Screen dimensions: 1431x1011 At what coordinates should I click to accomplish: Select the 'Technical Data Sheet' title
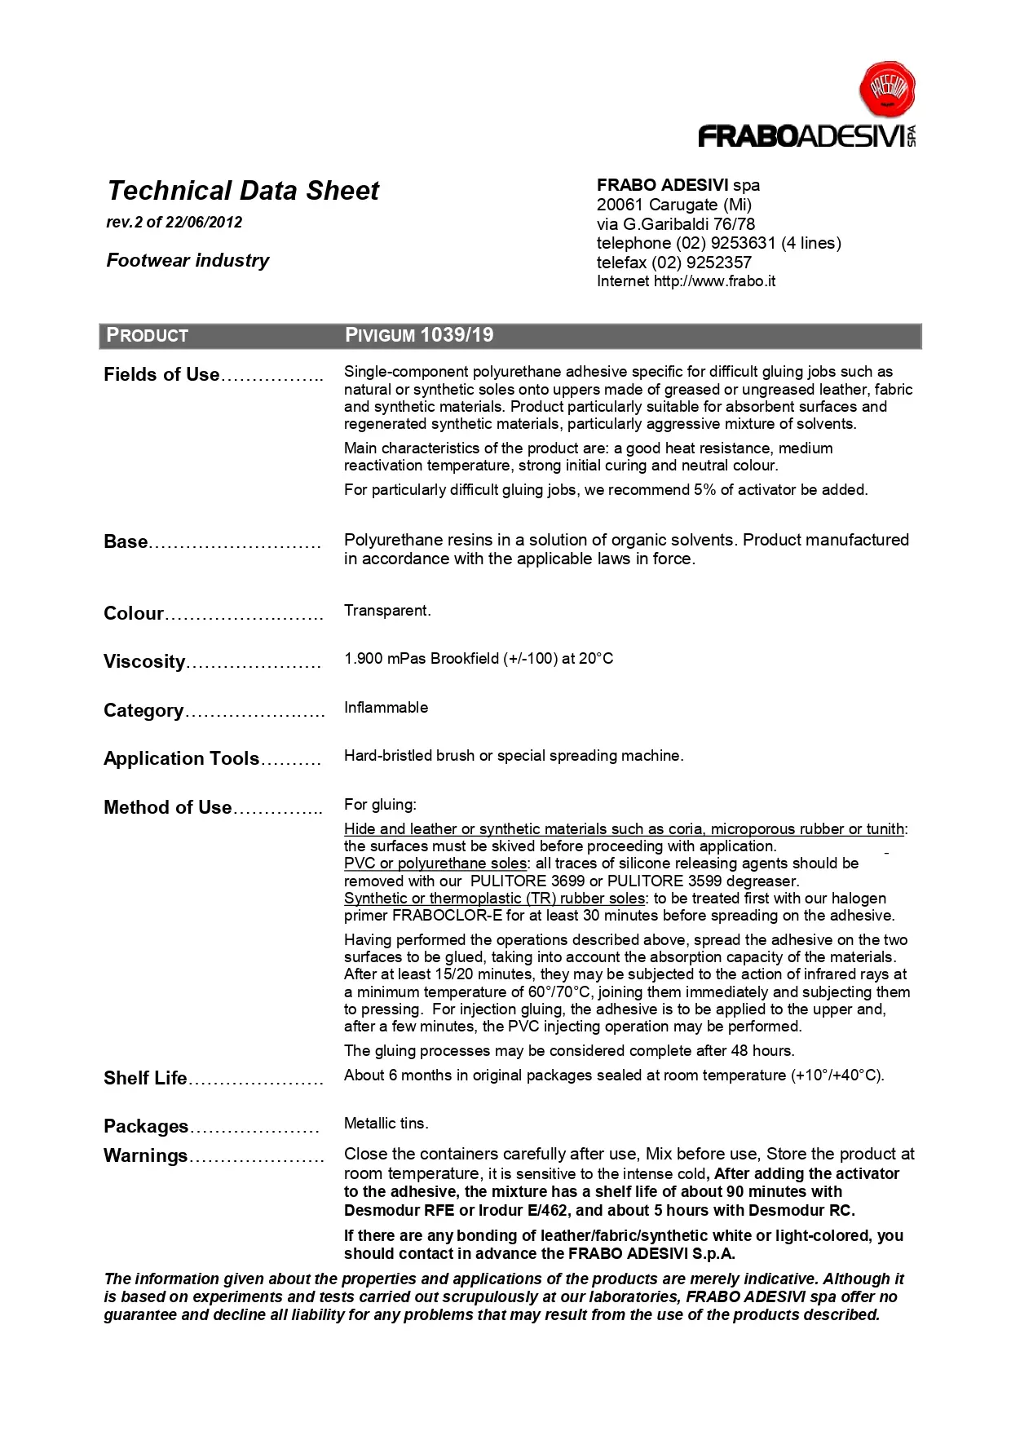(x=243, y=191)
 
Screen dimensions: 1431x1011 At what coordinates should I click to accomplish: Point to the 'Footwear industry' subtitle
(x=188, y=261)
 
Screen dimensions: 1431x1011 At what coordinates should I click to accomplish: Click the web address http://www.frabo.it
(x=714, y=281)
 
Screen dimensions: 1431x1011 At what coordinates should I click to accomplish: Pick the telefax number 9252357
(x=719, y=263)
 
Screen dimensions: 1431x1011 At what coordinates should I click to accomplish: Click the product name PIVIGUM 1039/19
(x=419, y=335)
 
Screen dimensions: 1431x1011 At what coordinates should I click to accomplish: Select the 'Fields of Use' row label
(x=161, y=375)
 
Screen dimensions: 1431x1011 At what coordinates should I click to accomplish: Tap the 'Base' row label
(x=126, y=542)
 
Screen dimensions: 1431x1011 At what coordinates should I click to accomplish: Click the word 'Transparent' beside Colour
(x=386, y=611)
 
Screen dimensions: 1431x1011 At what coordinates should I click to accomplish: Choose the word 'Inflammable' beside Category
(x=386, y=708)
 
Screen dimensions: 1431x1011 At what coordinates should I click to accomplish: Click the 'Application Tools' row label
(x=181, y=759)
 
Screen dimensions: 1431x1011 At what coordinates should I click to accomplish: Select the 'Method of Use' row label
(x=168, y=808)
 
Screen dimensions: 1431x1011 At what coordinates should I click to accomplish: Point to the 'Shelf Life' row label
(x=145, y=1079)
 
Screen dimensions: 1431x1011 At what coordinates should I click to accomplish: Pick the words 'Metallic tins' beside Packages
(x=385, y=1124)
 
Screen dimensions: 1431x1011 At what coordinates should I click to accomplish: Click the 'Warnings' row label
(x=145, y=1156)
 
